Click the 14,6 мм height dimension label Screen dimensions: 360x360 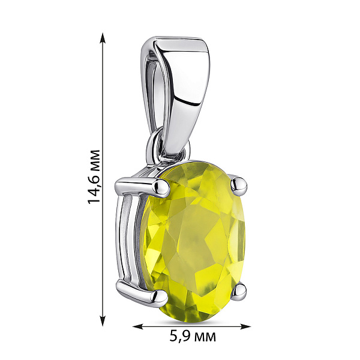[94, 177]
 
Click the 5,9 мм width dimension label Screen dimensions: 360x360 [193, 337]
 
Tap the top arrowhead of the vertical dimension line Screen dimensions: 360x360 [103, 38]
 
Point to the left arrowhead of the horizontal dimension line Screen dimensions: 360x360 [139, 326]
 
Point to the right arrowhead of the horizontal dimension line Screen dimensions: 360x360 [245, 326]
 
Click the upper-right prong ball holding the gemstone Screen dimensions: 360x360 [239, 185]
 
